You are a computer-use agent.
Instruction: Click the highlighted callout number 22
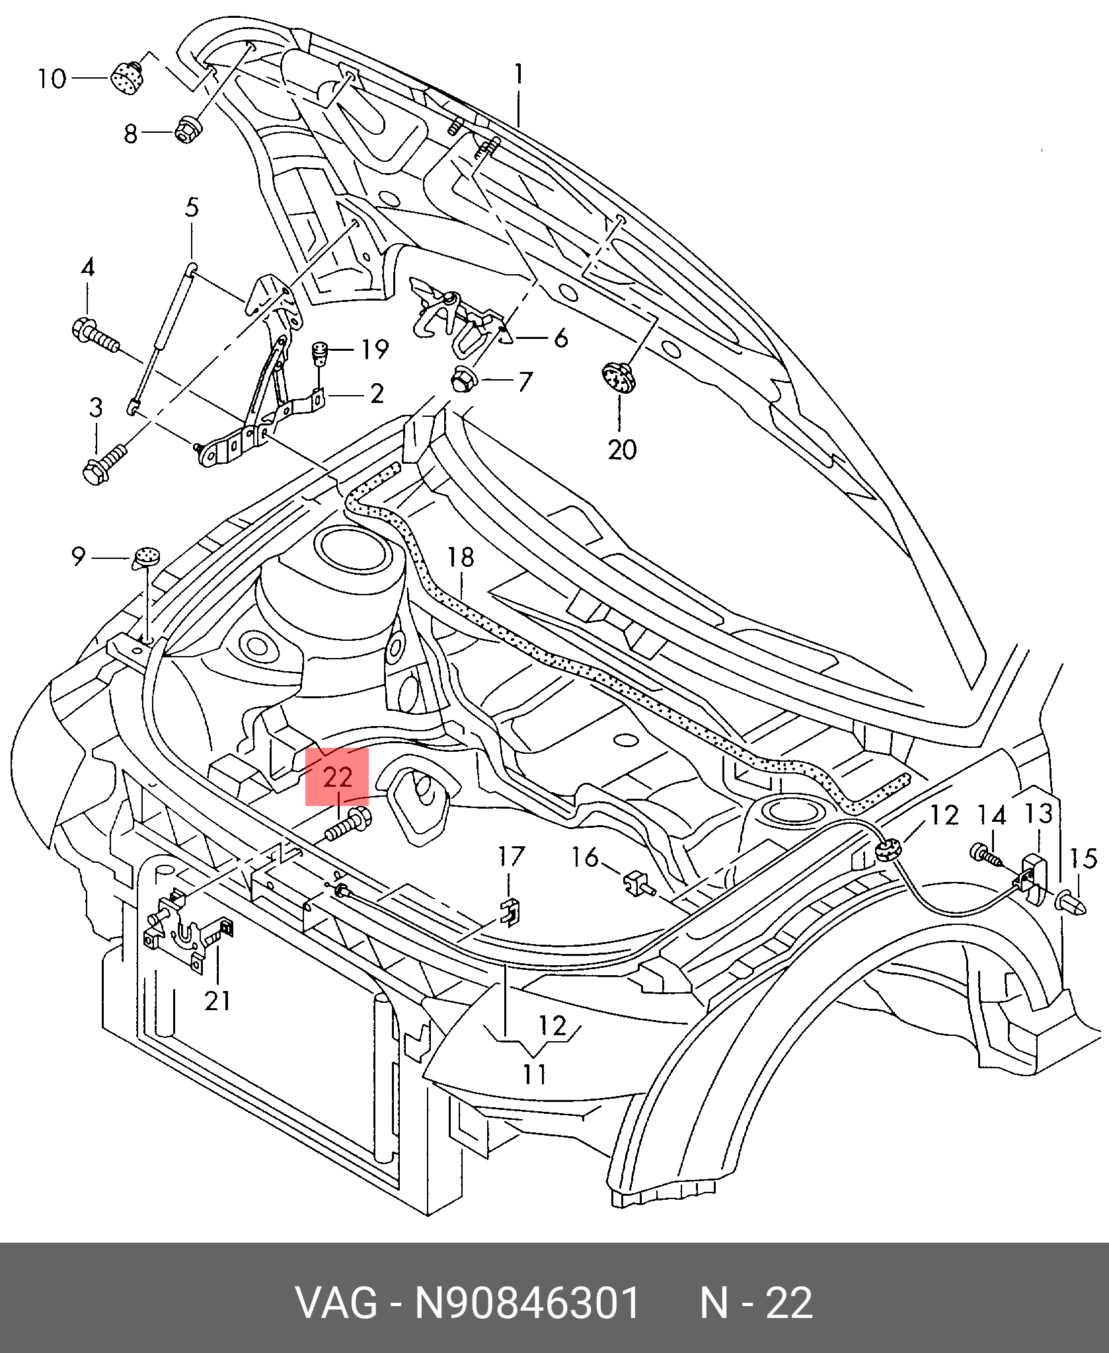[337, 777]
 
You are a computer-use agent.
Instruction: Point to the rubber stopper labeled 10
[126, 78]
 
